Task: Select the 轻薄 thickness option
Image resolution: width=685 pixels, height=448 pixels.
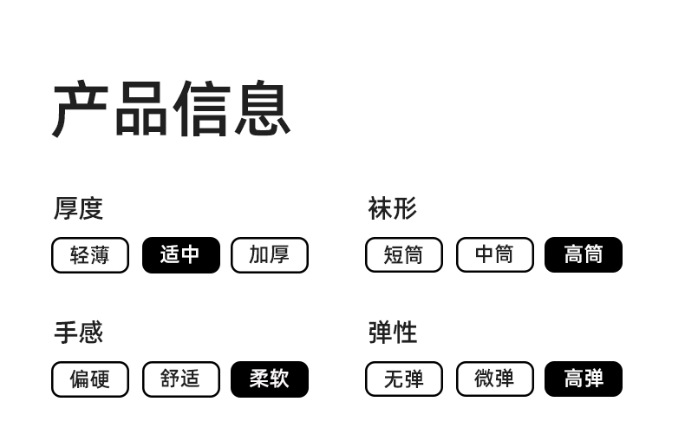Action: pos(90,255)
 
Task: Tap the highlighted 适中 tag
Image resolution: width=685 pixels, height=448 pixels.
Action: pos(180,255)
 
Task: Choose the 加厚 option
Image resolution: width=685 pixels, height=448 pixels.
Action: pos(270,255)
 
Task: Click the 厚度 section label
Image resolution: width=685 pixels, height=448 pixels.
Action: pos(78,208)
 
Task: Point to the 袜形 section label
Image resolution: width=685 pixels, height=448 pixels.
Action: pos(392,208)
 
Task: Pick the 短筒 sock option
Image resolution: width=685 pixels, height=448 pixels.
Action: pos(404,255)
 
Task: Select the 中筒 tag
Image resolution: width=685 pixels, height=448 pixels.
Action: pos(494,255)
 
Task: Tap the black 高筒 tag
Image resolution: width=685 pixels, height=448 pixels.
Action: pos(584,255)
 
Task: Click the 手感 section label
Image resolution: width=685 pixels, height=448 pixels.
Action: pos(78,333)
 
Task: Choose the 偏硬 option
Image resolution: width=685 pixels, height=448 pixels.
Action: pos(90,379)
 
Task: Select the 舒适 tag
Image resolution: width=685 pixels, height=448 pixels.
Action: pos(180,379)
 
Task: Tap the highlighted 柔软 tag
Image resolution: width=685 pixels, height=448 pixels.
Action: pos(270,379)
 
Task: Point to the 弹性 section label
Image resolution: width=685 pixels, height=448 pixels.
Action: pos(392,333)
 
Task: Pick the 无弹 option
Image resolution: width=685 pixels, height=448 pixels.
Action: pos(404,379)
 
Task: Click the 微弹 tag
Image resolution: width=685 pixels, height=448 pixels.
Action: pos(494,379)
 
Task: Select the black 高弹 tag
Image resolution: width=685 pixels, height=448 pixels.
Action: pos(584,379)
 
